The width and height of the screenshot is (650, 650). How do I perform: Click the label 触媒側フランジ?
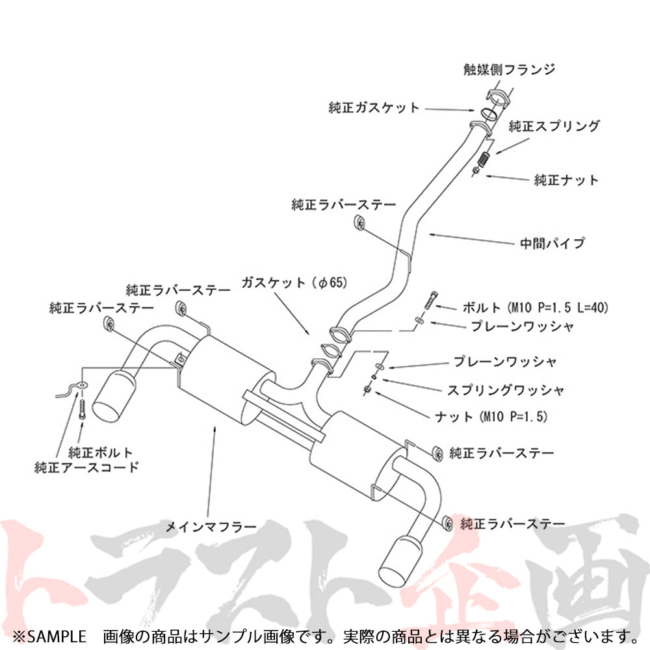tap(509, 70)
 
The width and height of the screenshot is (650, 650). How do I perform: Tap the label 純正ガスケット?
tap(374, 108)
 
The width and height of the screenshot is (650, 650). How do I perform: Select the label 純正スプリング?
tap(554, 126)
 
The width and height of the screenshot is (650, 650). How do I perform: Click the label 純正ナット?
tap(566, 180)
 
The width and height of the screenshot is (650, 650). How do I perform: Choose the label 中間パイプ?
tap(552, 242)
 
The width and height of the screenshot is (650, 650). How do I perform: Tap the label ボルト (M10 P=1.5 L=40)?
tap(535, 307)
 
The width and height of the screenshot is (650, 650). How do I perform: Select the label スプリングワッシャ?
tap(505, 389)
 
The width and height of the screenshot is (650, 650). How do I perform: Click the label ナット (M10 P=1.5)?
tap(491, 416)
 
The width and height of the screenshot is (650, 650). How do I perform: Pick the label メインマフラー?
tap(211, 526)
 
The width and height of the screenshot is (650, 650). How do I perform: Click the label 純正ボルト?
tap(100, 452)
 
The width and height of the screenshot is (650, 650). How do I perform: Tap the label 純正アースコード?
tap(86, 467)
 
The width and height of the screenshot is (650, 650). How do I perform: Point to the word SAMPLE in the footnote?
tap(57, 636)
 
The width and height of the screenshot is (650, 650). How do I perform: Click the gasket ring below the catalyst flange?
tap(489, 113)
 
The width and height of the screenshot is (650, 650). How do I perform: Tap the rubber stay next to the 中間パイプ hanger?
tap(359, 222)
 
